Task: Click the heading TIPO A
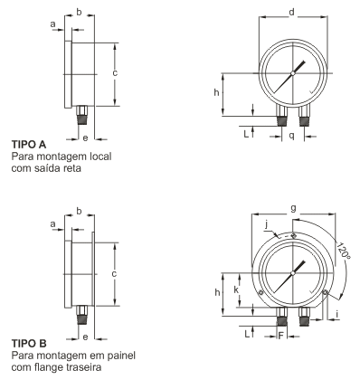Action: (29, 144)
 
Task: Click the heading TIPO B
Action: (29, 343)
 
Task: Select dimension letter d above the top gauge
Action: (291, 12)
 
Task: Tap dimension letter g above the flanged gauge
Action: (293, 209)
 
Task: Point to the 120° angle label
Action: (343, 251)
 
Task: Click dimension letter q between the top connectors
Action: (291, 136)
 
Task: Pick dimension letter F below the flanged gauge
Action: (281, 336)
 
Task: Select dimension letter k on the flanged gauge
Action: (236, 290)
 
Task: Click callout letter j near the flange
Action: (266, 224)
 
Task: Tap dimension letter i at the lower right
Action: (337, 314)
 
